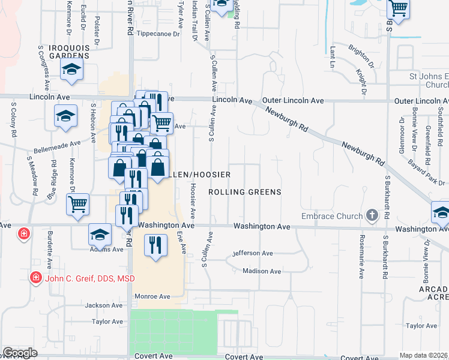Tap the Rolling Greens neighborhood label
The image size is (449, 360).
(244, 192)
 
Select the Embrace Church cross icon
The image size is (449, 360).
(372, 215)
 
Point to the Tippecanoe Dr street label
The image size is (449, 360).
(158, 34)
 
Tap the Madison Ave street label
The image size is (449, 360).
(262, 271)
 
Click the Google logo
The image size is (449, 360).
(20, 353)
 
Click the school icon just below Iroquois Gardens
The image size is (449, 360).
(71, 70)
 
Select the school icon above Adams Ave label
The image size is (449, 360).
(100, 234)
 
